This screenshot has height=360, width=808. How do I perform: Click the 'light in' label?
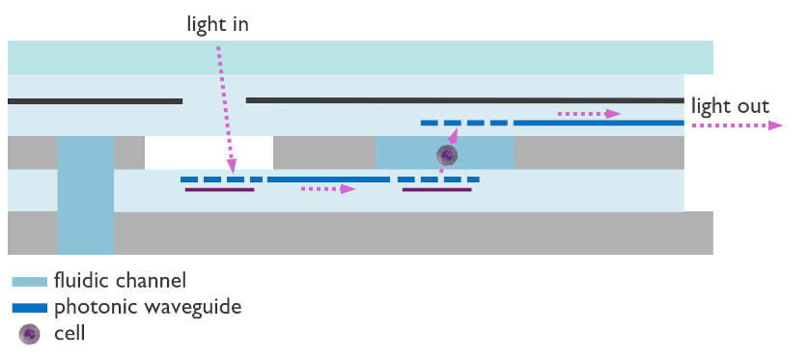click(x=217, y=23)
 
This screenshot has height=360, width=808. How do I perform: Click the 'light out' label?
click(x=731, y=105)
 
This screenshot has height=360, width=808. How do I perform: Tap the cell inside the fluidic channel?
click(x=447, y=154)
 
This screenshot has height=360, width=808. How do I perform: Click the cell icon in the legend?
click(x=30, y=334)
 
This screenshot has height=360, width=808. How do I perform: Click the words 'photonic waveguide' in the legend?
click(x=147, y=308)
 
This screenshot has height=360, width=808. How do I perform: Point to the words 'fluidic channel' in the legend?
click(x=120, y=282)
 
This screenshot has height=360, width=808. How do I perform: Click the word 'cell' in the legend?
click(x=70, y=334)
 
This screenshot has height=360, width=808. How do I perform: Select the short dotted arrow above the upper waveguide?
click(x=589, y=114)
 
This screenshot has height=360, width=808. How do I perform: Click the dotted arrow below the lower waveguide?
click(x=327, y=189)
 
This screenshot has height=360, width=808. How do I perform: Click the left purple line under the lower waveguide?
click(x=219, y=190)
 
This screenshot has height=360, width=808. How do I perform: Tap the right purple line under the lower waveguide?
click(x=436, y=190)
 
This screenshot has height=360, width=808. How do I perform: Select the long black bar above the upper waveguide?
click(x=463, y=99)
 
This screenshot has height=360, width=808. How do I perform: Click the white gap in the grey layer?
click(x=209, y=152)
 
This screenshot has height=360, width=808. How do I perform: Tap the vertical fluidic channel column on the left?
click(x=85, y=193)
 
